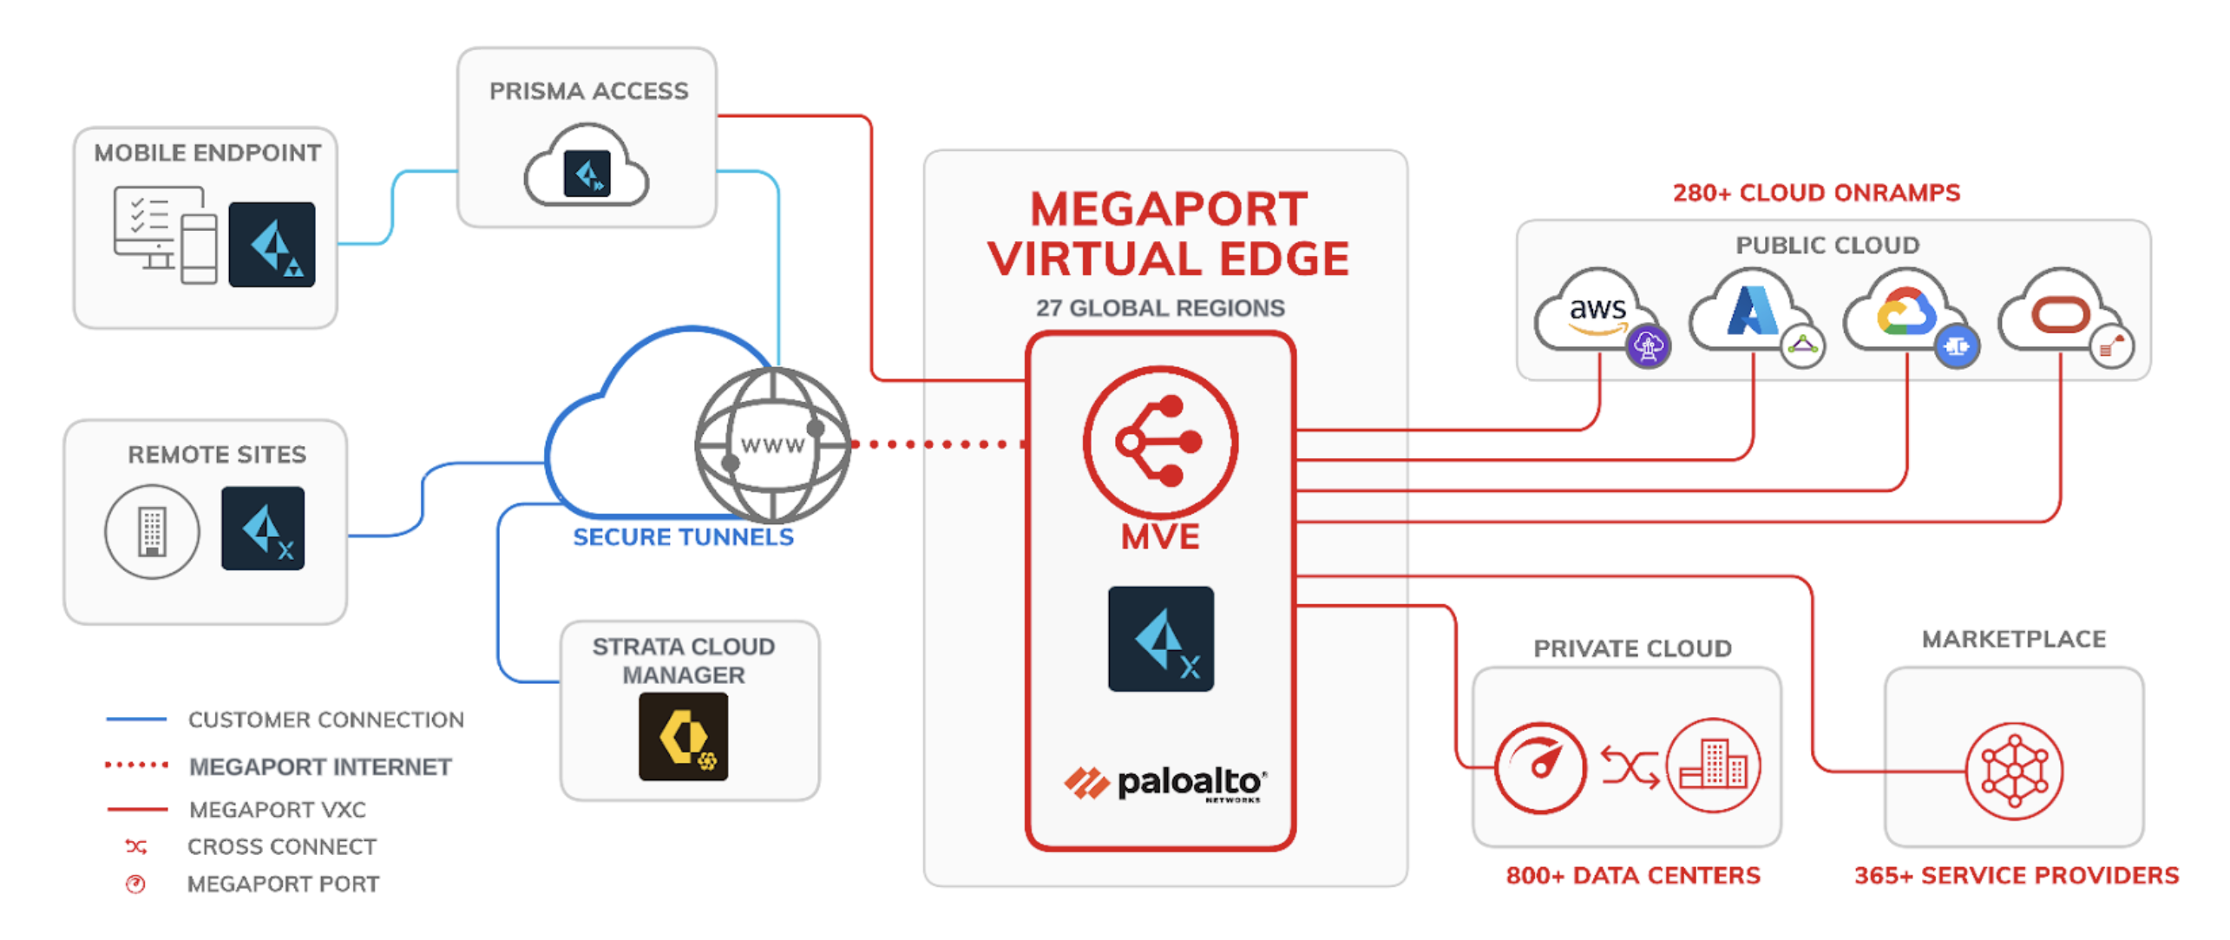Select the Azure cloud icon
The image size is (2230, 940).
[x=1751, y=311]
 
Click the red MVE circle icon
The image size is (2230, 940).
[x=1160, y=442]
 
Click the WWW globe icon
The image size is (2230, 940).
[x=772, y=444]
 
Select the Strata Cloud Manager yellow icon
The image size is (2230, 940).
[x=683, y=736]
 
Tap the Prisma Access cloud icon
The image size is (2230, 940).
[x=587, y=169]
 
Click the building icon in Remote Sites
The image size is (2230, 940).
[x=152, y=531]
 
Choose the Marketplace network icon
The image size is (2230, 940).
[x=2014, y=771]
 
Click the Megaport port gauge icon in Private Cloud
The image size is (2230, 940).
[x=1540, y=767]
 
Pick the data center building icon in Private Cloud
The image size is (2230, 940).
[x=1713, y=766]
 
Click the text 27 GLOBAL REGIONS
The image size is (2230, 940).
[x=1159, y=308]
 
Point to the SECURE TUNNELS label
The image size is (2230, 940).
[x=683, y=537]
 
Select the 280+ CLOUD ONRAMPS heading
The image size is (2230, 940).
[x=1815, y=193]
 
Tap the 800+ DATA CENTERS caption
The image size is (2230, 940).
[x=1632, y=875]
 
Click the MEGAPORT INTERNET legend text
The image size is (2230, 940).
[x=320, y=767]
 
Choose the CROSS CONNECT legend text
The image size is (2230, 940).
[x=282, y=846]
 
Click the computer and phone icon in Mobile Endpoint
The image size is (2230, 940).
[x=165, y=233]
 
